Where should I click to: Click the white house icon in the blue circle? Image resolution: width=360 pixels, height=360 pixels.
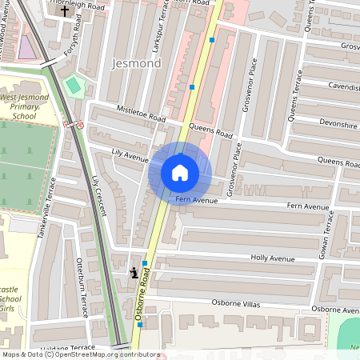(179, 172)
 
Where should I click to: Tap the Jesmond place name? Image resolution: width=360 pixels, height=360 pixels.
(137, 63)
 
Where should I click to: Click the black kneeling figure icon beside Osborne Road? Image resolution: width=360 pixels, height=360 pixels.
(133, 273)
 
